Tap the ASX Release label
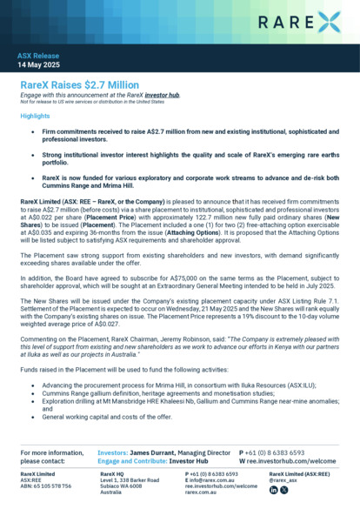click(x=38, y=57)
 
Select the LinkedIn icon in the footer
click(x=274, y=490)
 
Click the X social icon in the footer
click(x=283, y=490)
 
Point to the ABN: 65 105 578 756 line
click(x=47, y=485)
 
